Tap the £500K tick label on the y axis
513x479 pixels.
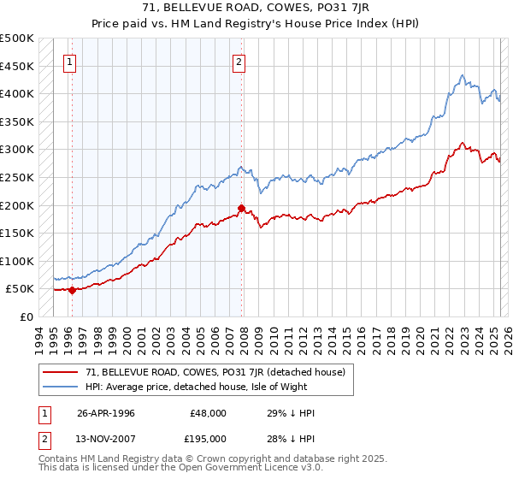click(x=17, y=38)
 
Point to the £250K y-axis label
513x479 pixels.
click(x=17, y=177)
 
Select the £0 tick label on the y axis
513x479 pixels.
click(x=27, y=316)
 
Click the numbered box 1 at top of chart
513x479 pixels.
click(x=69, y=62)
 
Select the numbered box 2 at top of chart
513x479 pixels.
click(x=239, y=62)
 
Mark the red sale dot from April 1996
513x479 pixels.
click(x=72, y=290)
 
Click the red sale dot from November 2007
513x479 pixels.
click(x=241, y=208)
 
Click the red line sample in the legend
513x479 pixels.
click(x=62, y=372)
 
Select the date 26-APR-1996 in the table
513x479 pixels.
click(x=106, y=413)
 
